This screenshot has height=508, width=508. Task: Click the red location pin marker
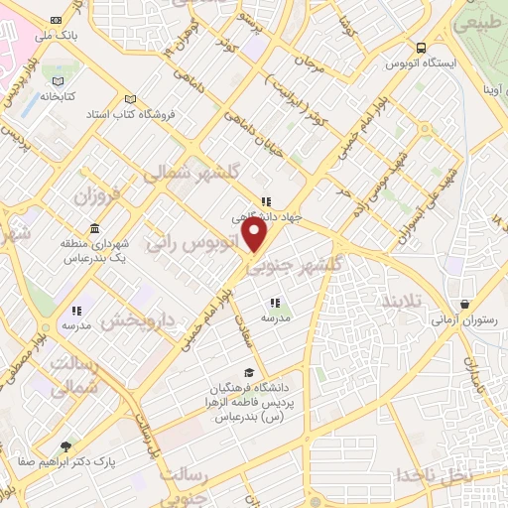(255, 236)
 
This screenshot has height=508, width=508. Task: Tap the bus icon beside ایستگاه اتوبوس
(422, 47)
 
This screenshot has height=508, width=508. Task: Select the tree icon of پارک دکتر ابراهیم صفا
(66, 446)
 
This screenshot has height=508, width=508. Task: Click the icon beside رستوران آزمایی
(462, 304)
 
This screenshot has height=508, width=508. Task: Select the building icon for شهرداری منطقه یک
(94, 227)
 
